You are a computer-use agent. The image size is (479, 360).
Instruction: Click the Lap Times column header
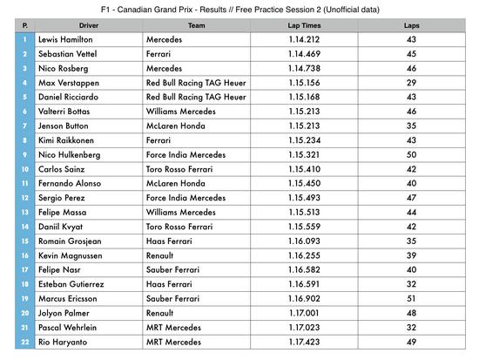click(305, 26)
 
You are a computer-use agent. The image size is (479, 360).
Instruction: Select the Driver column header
click(89, 26)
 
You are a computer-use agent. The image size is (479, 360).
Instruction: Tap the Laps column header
click(412, 26)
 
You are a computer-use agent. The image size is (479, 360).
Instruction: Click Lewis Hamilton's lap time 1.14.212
click(305, 40)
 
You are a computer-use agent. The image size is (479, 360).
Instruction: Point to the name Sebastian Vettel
click(70, 54)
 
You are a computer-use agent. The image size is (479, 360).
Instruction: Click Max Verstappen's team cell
click(197, 83)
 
